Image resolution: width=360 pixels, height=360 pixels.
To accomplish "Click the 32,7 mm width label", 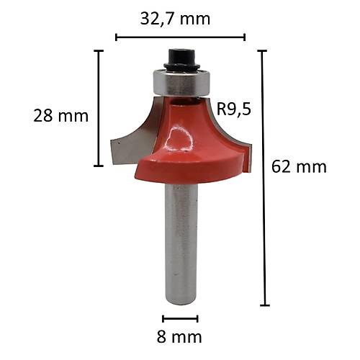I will pyautogui.click(x=180, y=18).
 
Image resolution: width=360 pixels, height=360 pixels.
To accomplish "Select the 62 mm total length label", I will pyautogui.click(x=300, y=167).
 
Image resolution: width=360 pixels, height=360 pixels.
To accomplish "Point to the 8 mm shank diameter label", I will pyautogui.click(x=180, y=336).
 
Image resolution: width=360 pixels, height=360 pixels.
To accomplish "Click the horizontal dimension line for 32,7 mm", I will pyautogui.click(x=180, y=37).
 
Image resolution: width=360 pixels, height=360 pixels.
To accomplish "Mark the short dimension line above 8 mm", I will pyautogui.click(x=180, y=319).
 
